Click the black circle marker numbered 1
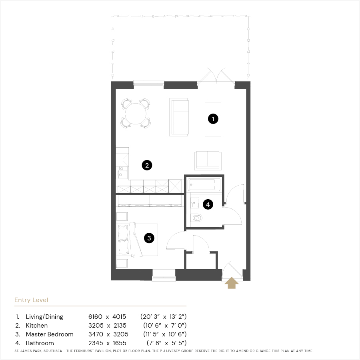pyautogui.click(x=213, y=119)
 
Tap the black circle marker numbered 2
pyautogui.click(x=147, y=165)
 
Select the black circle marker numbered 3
pyautogui.click(x=149, y=238)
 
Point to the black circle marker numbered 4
pyautogui.click(x=208, y=204)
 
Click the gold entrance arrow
pyautogui.click(x=232, y=283)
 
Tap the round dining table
pyautogui.click(x=136, y=114)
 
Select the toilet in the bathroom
pyautogui.click(x=196, y=218)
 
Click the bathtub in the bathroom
pyautogui.click(x=204, y=184)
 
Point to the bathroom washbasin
pyautogui.click(x=195, y=203)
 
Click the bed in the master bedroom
pyautogui.click(x=137, y=240)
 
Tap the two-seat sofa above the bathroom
pyautogui.click(x=208, y=160)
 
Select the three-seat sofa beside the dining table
pyautogui.click(x=179, y=117)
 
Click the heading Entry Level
pyautogui.click(x=31, y=300)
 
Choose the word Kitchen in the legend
pyautogui.click(x=37, y=325)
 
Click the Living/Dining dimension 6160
pyautogui.click(x=95, y=317)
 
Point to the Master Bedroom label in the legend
pyautogui.click(x=50, y=334)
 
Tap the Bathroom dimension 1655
pyautogui.click(x=119, y=343)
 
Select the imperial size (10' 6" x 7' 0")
pyautogui.click(x=165, y=325)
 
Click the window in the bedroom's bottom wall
pyautogui.click(x=164, y=275)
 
